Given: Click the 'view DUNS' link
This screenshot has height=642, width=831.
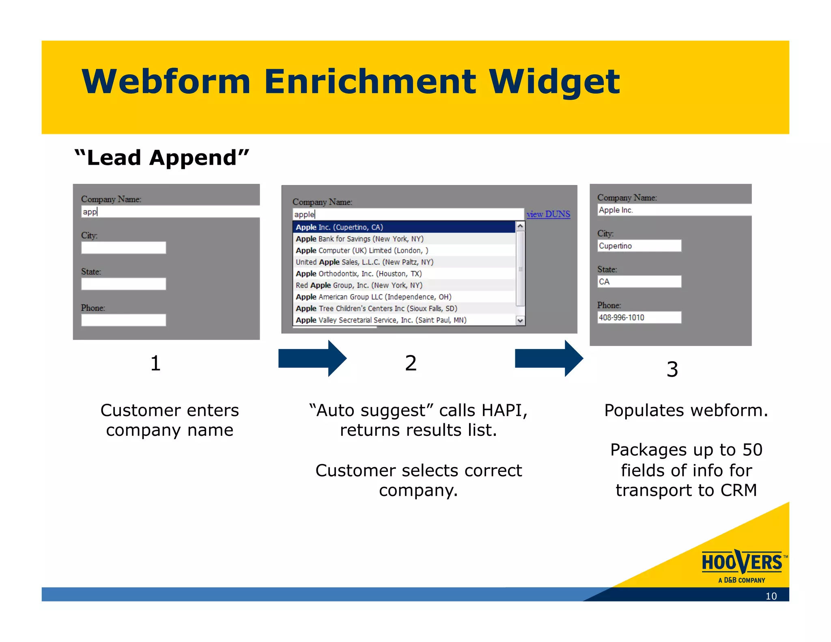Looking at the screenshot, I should pos(548,214).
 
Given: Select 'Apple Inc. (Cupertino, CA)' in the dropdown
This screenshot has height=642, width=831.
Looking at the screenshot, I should pos(404,227).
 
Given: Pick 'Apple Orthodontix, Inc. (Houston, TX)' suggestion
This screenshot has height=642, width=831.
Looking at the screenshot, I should pos(404,274).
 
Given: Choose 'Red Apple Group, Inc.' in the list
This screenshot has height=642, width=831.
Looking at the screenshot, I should pos(404,285).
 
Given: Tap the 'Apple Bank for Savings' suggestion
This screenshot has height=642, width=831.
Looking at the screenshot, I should pos(404,239).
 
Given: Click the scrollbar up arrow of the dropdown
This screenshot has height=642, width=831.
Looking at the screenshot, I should pos(520,226).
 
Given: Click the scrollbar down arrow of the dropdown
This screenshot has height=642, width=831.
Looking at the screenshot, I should pos(520,321).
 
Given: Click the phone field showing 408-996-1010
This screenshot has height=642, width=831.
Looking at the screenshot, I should pos(639,317).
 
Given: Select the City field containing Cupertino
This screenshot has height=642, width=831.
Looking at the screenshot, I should pos(639,246).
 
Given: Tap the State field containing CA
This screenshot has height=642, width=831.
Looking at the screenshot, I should pos(639,282).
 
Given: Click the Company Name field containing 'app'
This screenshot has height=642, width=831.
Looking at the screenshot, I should pos(170,212).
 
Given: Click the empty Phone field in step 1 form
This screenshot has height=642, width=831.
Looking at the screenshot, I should pos(123,320).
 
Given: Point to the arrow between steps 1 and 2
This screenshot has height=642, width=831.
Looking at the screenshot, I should pos(312,358).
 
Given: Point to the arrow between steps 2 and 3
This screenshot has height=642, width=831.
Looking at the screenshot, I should pos(549,358).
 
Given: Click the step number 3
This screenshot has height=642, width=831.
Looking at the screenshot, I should pos(672,369).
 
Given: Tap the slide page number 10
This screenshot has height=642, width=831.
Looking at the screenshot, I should pos(771,596).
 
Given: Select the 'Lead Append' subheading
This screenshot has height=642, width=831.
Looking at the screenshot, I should pos(161,157).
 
